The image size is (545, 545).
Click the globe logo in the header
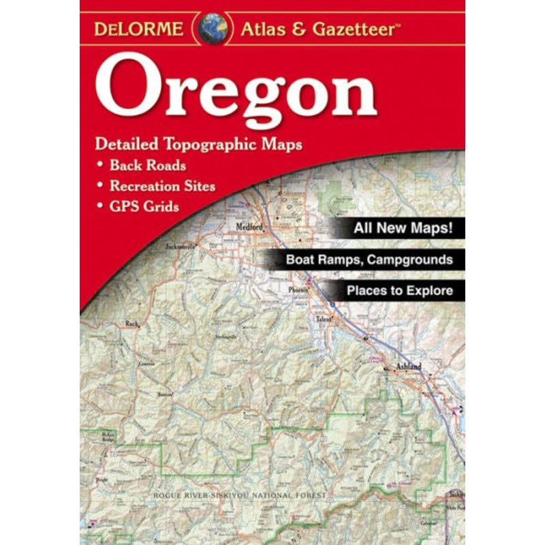tap(213, 29)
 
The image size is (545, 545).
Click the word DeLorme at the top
tap(138, 29)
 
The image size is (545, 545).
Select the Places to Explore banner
tap(399, 291)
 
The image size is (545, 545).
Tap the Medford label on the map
tap(249, 228)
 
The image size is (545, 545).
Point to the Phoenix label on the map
tap(298, 288)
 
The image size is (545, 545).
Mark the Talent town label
tap(322, 319)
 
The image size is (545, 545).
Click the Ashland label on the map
tap(409, 367)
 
